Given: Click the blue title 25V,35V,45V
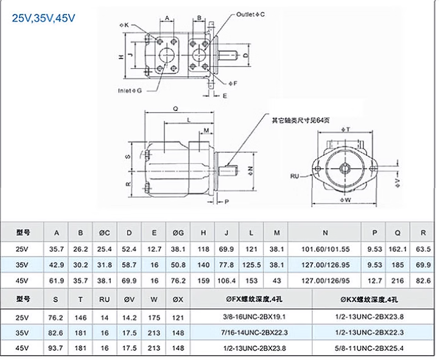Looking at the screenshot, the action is [x=43, y=18].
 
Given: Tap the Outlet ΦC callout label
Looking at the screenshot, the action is [x=250, y=14].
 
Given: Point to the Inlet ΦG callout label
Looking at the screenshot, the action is [x=130, y=91].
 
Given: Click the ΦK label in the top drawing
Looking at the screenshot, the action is [x=124, y=25].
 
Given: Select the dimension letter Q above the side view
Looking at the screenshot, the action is [x=175, y=109].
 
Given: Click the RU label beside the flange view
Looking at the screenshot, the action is [x=295, y=176].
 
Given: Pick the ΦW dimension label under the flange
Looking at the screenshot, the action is [x=345, y=200].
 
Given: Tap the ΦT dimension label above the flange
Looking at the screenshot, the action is [x=346, y=129].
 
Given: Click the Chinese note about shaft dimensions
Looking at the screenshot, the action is [x=301, y=121].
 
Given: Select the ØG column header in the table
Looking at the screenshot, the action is [x=178, y=233].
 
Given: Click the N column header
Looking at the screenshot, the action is [x=325, y=233].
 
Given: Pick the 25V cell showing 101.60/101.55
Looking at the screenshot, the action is [x=325, y=249].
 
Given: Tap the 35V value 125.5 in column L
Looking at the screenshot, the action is [x=251, y=265].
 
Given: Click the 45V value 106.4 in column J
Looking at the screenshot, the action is [x=227, y=281].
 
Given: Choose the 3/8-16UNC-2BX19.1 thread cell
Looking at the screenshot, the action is [x=254, y=317].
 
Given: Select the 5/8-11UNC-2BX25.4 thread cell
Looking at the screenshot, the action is [x=370, y=348].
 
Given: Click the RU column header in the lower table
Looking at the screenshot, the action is [x=104, y=300].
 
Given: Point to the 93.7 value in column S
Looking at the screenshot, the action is [x=56, y=348].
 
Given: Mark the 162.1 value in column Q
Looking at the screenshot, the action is [x=398, y=249].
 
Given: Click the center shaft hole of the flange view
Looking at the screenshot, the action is [x=345, y=168].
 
